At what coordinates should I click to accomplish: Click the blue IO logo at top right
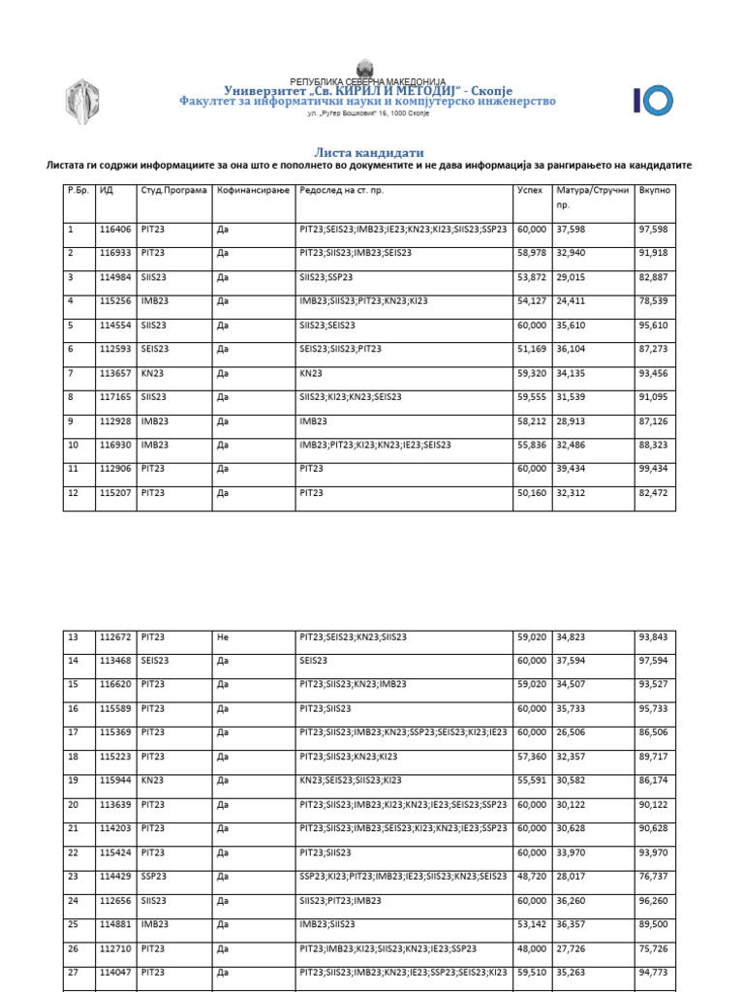[x=652, y=100]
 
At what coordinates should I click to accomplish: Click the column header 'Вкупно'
[x=654, y=191]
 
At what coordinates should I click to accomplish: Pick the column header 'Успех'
[x=530, y=191]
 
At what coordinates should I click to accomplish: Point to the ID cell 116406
[x=114, y=230]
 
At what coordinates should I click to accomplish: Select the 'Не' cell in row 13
[x=223, y=636]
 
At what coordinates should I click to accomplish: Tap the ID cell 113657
[x=114, y=373]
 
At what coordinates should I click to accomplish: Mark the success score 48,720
[x=531, y=876]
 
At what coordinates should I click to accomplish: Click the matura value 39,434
[x=572, y=469]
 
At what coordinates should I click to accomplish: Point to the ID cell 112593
[x=114, y=349]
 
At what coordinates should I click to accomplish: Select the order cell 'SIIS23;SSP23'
[x=326, y=277]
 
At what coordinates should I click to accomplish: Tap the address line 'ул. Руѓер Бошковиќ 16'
[x=367, y=113]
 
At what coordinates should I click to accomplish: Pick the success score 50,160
[x=531, y=493]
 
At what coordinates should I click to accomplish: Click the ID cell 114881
[x=114, y=924]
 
